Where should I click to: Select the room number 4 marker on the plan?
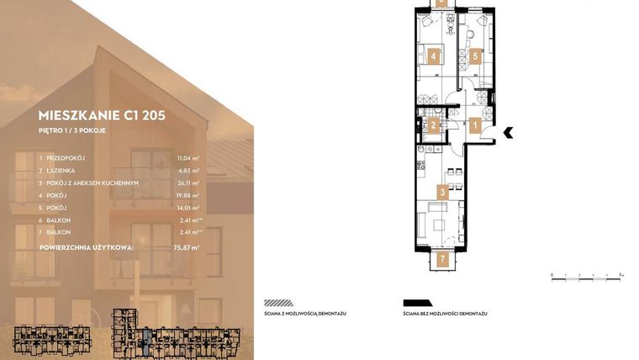click(434, 57)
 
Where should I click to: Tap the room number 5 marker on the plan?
click(476, 57)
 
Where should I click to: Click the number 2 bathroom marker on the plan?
click(434, 126)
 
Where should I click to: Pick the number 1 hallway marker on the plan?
click(476, 126)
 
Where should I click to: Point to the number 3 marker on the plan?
click(442, 192)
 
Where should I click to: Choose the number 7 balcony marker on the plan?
click(442, 259)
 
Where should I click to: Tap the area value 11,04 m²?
click(188, 157)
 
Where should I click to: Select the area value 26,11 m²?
click(188, 183)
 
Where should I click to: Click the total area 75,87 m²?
click(188, 248)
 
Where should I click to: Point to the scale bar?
click(586, 274)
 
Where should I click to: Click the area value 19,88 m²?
click(188, 195)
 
